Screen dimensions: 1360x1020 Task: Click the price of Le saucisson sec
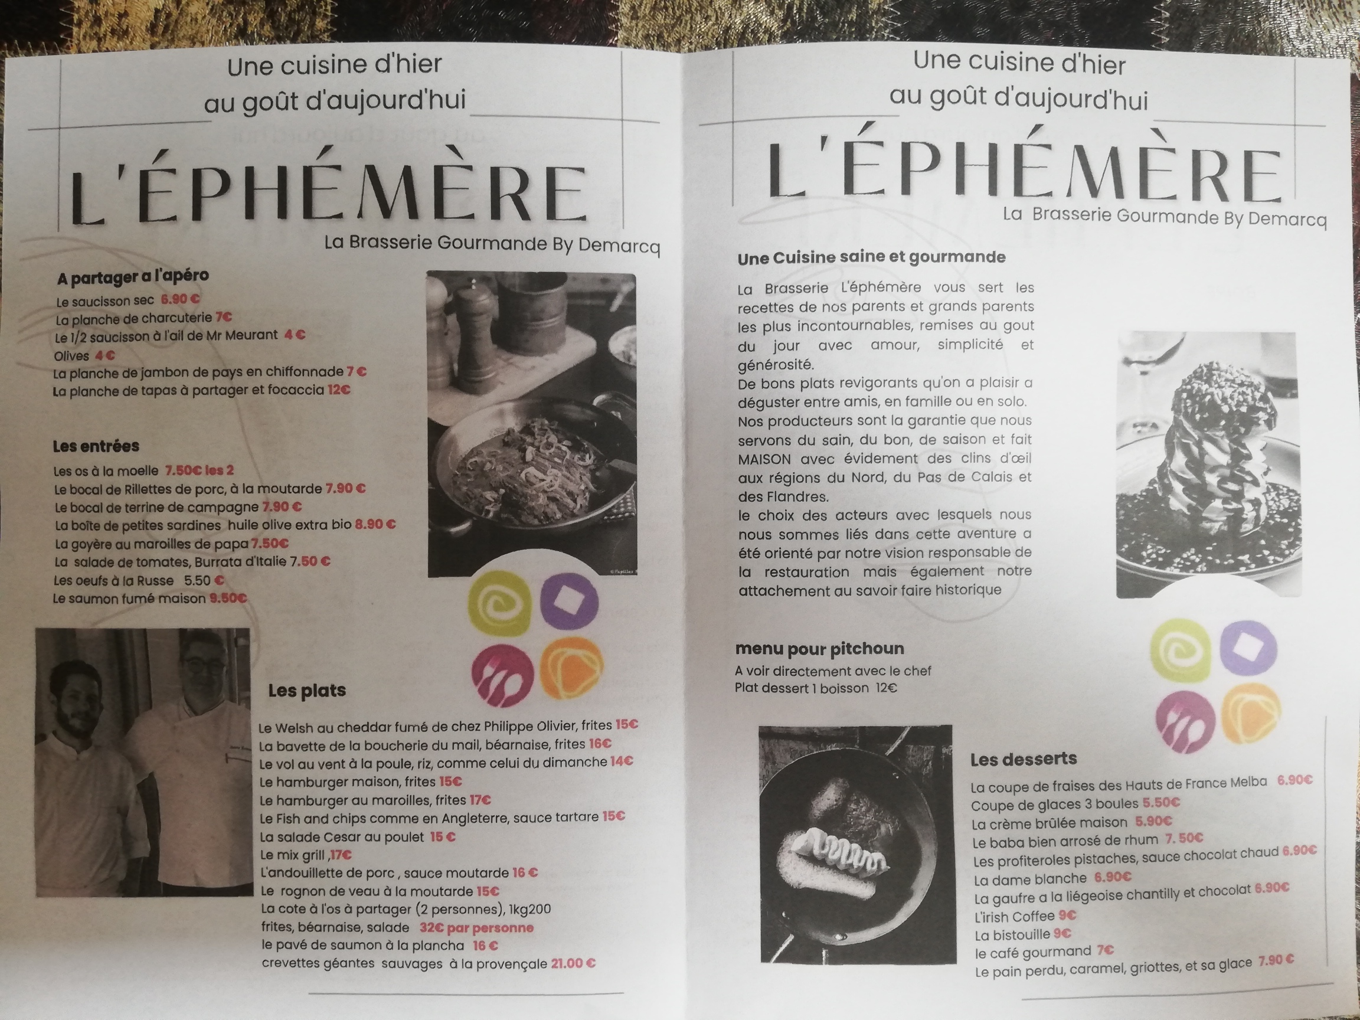180,299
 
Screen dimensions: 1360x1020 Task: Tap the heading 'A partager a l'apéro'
133,277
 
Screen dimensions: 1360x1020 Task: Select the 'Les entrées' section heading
96,446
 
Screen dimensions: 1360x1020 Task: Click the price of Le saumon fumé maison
228,597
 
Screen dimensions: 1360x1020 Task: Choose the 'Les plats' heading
307,691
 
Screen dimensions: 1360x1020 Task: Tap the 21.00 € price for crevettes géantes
573,963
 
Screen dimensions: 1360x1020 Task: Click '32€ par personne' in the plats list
476,928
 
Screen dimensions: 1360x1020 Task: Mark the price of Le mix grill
341,855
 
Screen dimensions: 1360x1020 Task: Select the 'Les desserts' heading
1024,759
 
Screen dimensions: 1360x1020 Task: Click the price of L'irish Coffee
1067,916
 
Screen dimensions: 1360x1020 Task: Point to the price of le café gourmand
1106,950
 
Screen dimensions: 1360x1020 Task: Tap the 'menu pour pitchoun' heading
819,649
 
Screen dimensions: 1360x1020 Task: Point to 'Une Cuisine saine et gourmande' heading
871,257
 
